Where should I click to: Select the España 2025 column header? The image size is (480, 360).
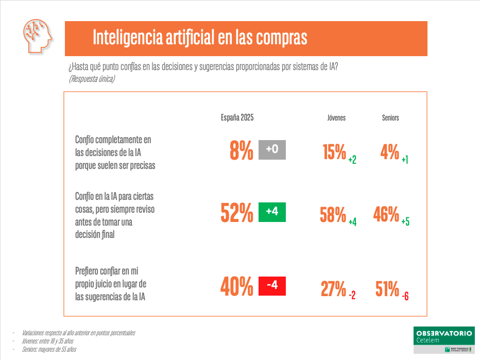coord(237,117)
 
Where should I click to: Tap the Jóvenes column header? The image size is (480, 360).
coord(336,118)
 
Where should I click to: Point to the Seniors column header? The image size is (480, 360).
coord(390,118)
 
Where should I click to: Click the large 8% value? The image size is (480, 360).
coord(242,150)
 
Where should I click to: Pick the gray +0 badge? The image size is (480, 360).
coord(272,150)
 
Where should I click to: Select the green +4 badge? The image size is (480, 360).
coord(272,212)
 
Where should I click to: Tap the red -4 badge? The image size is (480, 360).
coord(272,286)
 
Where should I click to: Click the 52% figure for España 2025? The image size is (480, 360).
coord(237,213)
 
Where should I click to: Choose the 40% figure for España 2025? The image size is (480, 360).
coord(237,287)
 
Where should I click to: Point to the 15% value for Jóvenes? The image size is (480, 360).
coord(334,152)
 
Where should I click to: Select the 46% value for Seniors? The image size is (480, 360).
coord(386,214)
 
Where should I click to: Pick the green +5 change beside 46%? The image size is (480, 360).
coord(405,222)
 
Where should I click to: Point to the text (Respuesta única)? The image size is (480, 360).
coord(91,79)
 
